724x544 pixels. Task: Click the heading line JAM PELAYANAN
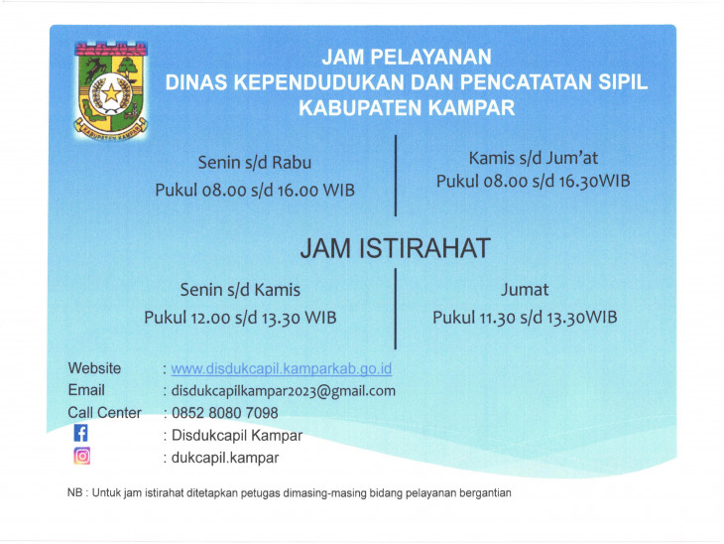pos(407,58)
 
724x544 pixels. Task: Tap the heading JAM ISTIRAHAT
pos(396,247)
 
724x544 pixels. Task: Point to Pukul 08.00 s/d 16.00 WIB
pos(255,190)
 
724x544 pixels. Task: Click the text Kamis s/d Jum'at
pos(534,157)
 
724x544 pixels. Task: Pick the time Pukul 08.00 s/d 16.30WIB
pos(534,181)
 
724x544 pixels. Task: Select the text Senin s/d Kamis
pos(240,290)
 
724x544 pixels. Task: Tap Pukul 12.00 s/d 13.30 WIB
pos(240,318)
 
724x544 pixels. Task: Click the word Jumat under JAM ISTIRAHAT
pos(525,290)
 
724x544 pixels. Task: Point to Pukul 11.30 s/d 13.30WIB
pos(525,318)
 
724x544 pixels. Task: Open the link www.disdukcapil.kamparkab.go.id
pos(282,368)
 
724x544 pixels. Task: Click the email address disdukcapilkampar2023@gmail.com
pos(284,390)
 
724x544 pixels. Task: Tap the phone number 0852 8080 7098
pos(225,412)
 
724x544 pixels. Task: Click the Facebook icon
pos(81,434)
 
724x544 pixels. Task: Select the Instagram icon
pos(81,457)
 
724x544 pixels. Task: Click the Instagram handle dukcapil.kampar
pos(225,458)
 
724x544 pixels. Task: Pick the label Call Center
pos(104,412)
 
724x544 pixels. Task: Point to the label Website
pos(94,368)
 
